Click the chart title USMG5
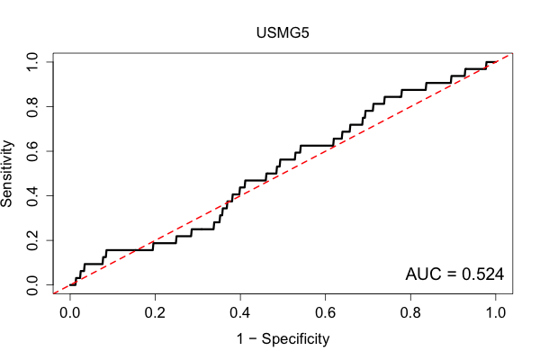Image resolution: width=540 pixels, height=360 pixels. (x=283, y=32)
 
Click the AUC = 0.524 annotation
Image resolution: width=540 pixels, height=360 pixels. (x=454, y=274)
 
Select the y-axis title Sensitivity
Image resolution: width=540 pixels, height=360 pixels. (x=6, y=174)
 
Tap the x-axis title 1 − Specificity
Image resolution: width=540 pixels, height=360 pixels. (x=283, y=339)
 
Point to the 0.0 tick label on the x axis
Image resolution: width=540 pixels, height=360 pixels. (x=70, y=313)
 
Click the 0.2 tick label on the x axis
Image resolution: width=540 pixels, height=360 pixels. (x=155, y=313)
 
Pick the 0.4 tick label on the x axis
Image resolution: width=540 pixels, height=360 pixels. (x=240, y=313)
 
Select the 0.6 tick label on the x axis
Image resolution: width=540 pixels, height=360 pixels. (x=325, y=313)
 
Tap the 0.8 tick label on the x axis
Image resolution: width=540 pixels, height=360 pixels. (x=410, y=313)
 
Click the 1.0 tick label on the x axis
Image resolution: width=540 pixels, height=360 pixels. (x=496, y=313)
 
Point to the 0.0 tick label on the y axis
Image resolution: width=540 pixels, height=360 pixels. (x=32, y=285)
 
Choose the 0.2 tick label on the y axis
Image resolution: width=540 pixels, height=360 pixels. (x=32, y=240)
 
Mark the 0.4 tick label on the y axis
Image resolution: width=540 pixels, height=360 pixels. (x=32, y=195)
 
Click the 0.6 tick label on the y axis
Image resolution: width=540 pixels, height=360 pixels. (x=32, y=151)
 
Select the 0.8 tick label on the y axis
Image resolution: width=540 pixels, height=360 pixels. (x=32, y=107)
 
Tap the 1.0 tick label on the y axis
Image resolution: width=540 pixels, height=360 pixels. (x=32, y=62)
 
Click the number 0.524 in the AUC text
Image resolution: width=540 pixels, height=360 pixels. (x=482, y=274)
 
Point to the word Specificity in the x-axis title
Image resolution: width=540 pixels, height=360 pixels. (x=295, y=339)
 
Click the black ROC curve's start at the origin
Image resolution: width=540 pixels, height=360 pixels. (x=70, y=285)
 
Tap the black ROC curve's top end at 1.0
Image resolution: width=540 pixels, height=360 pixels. (x=496, y=62)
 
